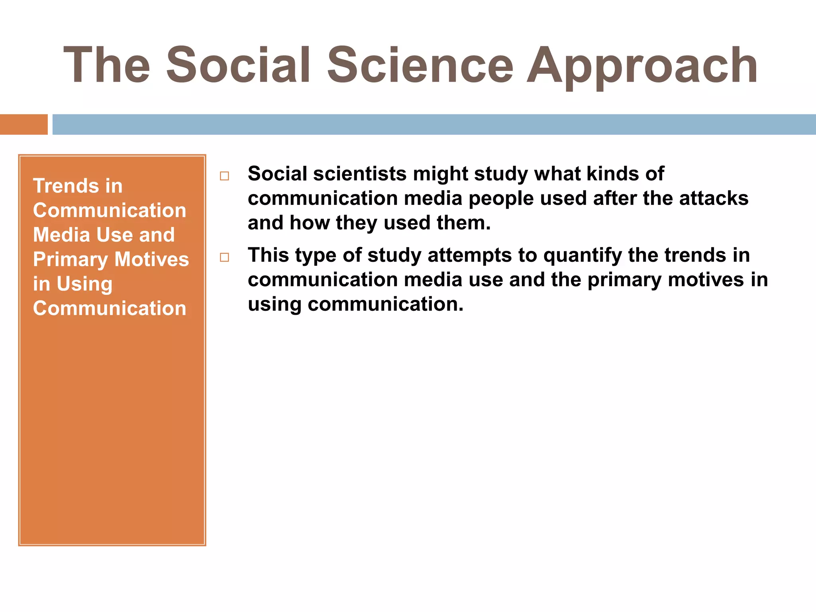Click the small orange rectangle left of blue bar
coord(24,124)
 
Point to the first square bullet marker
coord(224,176)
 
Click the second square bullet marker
coord(224,257)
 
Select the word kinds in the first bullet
coord(617,174)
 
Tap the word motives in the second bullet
coord(706,280)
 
